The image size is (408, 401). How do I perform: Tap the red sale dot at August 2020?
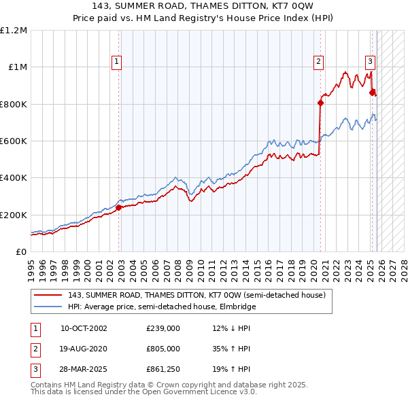[x=320, y=103]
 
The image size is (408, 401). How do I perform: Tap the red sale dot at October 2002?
[x=118, y=207]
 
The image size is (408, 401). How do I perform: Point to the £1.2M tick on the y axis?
[x=14, y=31]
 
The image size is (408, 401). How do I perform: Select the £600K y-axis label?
[x=14, y=141]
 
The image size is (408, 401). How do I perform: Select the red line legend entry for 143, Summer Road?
[x=197, y=296]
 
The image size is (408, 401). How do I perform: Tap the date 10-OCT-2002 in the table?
[x=83, y=328]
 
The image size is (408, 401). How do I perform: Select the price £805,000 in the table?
[x=163, y=349]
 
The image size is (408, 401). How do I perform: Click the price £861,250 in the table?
[x=163, y=369]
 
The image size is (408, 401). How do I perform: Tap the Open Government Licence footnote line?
[x=143, y=392]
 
